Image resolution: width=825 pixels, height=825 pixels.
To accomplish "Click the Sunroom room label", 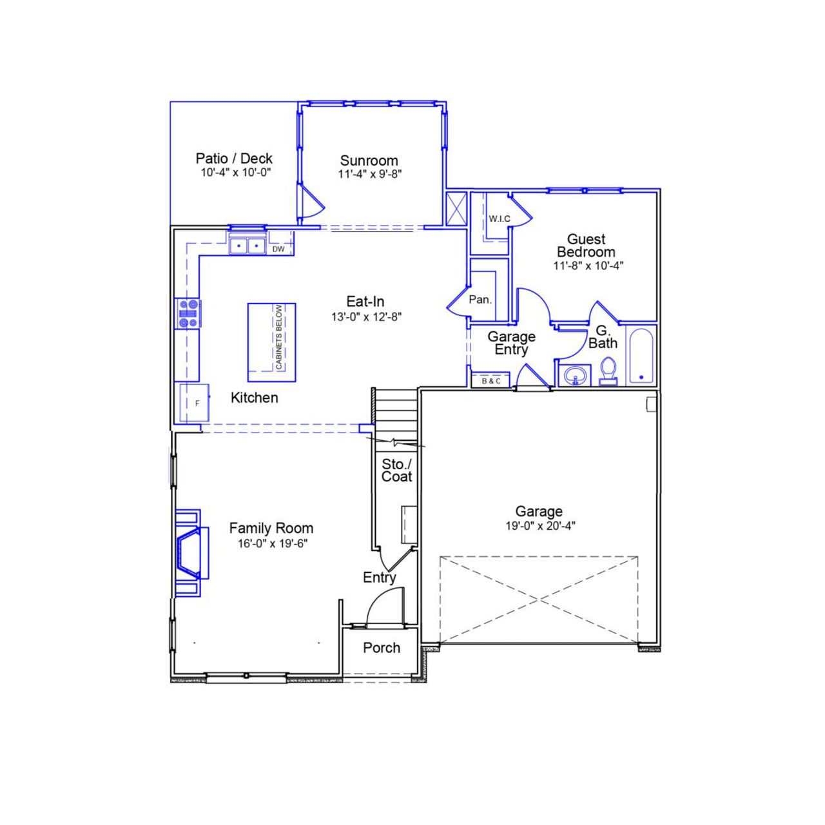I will click(369, 160).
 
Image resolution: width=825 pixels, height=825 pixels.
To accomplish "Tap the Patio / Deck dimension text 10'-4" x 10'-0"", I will click(235, 173).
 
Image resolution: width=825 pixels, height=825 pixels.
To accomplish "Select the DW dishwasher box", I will click(278, 249).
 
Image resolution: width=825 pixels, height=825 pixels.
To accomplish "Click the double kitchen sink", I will click(247, 246).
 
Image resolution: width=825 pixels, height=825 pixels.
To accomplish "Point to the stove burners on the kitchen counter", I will click(188, 314).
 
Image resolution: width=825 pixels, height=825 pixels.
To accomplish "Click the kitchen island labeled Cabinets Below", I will click(271, 342).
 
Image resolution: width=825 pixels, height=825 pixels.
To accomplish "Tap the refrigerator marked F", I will click(194, 403).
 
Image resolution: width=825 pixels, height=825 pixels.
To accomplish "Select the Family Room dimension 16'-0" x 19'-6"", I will click(272, 543).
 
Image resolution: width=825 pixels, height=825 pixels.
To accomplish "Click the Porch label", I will click(381, 648).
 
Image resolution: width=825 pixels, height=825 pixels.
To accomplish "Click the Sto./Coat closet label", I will click(396, 471).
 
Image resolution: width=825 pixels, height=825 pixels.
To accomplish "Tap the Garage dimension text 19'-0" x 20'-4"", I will click(539, 525).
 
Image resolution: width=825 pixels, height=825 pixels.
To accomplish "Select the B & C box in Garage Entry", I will click(491, 381).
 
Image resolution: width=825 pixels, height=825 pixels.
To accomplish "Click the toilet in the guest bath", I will click(608, 372).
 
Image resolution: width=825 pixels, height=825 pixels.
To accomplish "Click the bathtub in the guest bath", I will click(641, 357).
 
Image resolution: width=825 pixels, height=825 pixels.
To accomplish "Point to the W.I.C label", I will click(499, 218).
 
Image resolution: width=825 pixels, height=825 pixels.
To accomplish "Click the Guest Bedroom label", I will click(586, 246).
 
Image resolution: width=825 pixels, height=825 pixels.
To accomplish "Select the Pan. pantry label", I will click(480, 300).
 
